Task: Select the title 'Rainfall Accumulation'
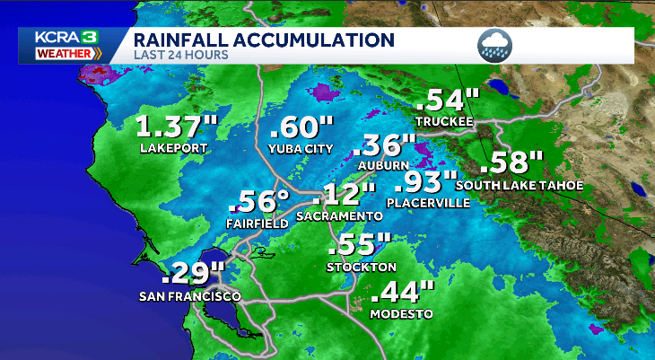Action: click(264, 40)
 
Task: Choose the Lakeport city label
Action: click(173, 147)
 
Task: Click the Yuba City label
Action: click(301, 148)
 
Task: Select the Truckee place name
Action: click(444, 121)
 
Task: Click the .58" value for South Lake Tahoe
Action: click(513, 163)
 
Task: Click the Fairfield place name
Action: click(257, 223)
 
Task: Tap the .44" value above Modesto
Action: click(402, 293)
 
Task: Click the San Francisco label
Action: click(189, 296)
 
